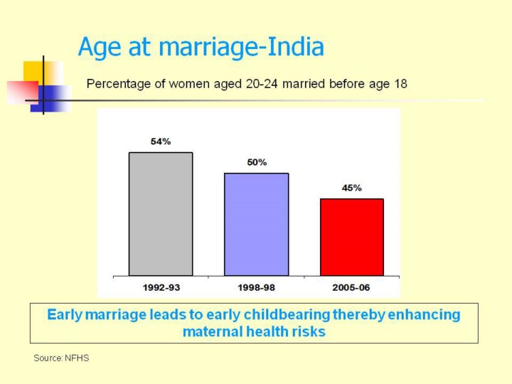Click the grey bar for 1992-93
(161, 213)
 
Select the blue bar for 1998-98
(256, 224)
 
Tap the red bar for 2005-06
(352, 237)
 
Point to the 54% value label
(161, 142)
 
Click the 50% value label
(257, 162)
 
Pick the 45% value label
(352, 188)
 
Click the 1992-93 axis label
(161, 287)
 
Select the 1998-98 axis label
(257, 287)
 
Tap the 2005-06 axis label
(352, 287)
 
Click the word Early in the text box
(64, 314)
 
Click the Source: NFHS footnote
(62, 358)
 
